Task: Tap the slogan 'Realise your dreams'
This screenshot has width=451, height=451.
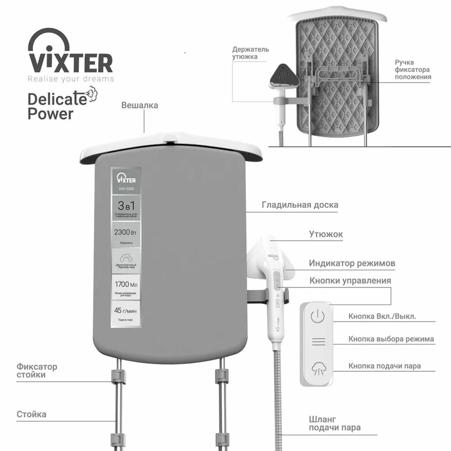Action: click(x=71, y=79)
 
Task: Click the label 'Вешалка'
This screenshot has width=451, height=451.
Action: click(x=140, y=106)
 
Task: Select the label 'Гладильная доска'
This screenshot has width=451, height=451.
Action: click(x=300, y=205)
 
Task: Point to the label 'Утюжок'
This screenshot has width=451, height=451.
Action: click(x=326, y=234)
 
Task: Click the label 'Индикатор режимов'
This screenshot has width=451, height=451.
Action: click(x=352, y=263)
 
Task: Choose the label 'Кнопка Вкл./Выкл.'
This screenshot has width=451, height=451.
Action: click(x=382, y=316)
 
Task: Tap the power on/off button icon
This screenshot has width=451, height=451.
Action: click(x=317, y=317)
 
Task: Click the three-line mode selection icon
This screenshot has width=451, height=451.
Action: click(x=318, y=342)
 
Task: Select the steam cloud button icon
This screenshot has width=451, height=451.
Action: click(x=318, y=368)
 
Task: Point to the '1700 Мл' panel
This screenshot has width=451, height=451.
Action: click(x=126, y=287)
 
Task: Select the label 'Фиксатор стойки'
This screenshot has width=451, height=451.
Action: click(x=37, y=371)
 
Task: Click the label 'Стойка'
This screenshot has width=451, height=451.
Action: click(x=32, y=414)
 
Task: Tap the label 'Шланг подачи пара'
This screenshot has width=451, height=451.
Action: click(x=334, y=423)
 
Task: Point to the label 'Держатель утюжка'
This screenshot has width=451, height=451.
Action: click(x=250, y=53)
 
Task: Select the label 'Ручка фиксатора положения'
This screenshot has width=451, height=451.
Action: click(x=413, y=69)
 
